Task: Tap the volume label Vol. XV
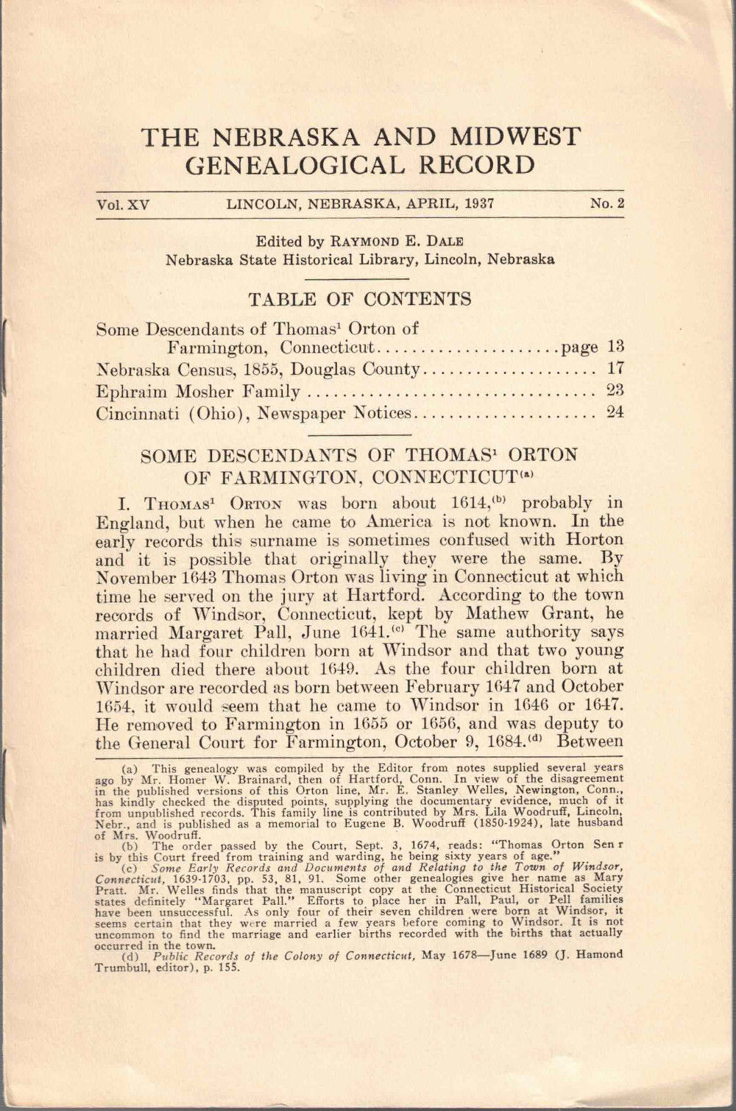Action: click(x=122, y=205)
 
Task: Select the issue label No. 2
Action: click(x=606, y=204)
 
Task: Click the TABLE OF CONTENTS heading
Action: click(x=360, y=299)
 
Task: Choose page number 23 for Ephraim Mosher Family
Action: click(x=615, y=390)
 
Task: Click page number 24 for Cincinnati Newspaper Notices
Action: click(x=615, y=412)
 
